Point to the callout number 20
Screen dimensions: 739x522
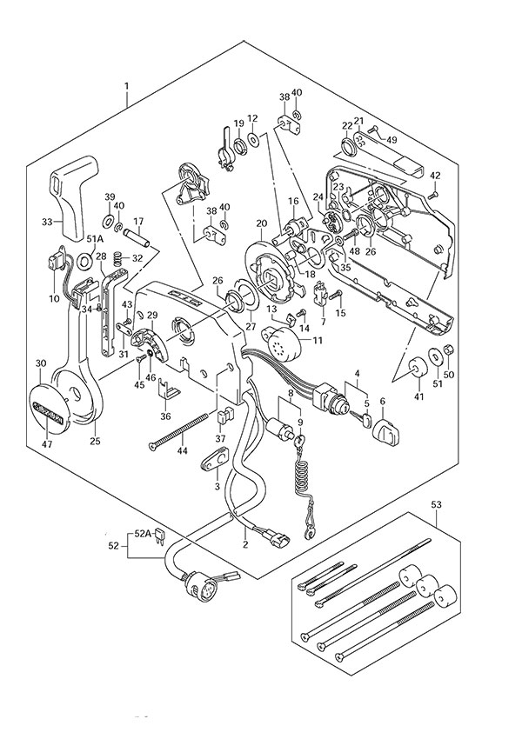pyautogui.click(x=260, y=223)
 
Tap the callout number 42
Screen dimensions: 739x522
pyautogui.click(x=436, y=176)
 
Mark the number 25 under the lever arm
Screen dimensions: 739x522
pyautogui.click(x=95, y=441)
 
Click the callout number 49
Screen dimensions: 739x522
pyautogui.click(x=391, y=139)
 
